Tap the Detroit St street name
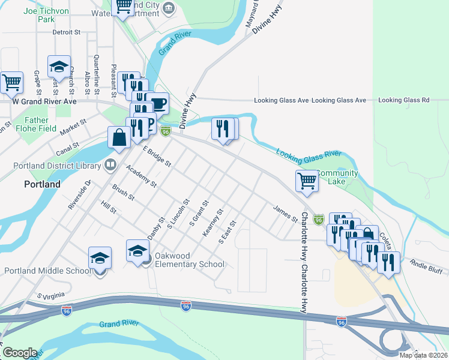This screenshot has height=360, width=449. coord(67,32)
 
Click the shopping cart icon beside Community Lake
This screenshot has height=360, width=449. coord(307,181)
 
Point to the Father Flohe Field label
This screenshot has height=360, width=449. coord(41,124)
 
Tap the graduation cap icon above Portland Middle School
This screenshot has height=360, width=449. coord(100,258)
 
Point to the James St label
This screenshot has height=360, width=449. coord(285,214)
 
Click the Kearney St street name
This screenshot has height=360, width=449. coord(213,223)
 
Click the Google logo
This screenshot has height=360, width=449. coord(19,353)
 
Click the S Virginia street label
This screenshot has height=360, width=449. coord(50,296)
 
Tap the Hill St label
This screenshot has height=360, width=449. coord(109,207)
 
